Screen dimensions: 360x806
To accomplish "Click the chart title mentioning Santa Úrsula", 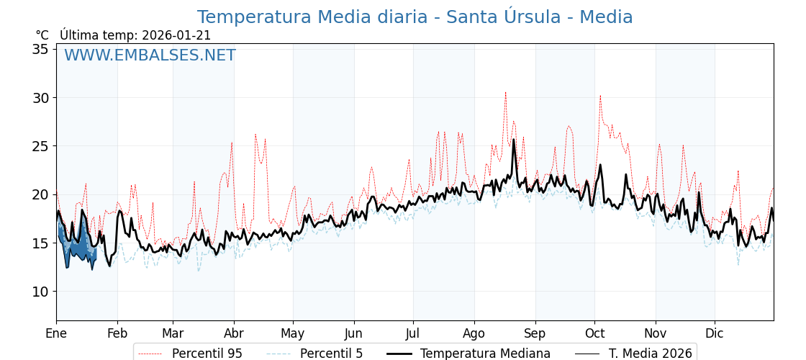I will pos(415,17).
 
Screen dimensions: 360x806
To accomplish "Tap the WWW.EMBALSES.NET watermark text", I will pos(150,55).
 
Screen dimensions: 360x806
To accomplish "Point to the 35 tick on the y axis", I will pos(40,49).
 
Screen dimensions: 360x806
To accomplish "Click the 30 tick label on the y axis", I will pos(40,98).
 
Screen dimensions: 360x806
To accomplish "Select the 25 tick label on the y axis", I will pos(40,146).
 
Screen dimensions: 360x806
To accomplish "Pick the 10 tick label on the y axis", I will pos(40,292).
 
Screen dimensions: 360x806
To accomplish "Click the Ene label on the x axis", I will pos(56,333).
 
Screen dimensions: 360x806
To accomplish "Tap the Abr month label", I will pos(234,333).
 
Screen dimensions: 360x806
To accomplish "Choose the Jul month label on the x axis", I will pos(413,333).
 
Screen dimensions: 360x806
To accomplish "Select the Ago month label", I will pos(474,333).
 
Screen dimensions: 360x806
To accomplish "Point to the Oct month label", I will pos(594,333).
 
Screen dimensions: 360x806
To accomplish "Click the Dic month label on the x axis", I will pos(715,333).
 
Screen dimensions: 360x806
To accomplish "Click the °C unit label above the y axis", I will pos(42,35).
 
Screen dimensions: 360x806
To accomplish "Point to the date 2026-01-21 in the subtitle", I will pos(176,35).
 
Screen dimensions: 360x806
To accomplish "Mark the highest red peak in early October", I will pos(600,96).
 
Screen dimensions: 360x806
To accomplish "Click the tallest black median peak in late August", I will pos(514,140).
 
